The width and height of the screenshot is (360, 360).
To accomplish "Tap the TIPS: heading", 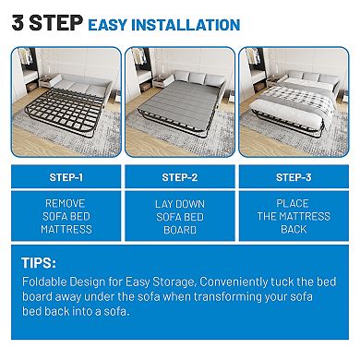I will click(42, 262).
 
